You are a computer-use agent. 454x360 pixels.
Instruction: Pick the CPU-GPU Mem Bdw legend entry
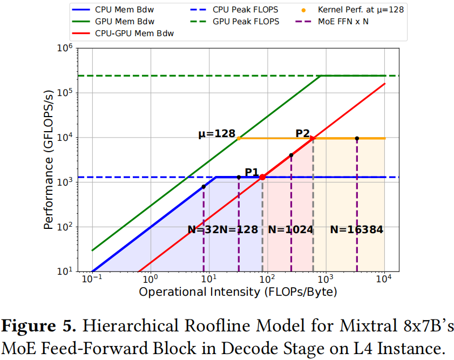click(x=137, y=33)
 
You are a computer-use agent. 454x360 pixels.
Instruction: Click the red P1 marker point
click(x=262, y=177)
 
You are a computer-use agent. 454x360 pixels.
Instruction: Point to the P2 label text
click(x=302, y=133)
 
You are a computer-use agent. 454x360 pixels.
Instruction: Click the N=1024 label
click(x=290, y=229)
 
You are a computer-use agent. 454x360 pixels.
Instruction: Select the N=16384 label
click(x=356, y=229)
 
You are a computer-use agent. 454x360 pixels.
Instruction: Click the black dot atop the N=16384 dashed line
click(x=357, y=138)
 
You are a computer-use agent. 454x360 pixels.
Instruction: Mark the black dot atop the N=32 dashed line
click(x=204, y=187)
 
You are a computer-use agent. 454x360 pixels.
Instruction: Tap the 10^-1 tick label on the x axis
click(x=91, y=280)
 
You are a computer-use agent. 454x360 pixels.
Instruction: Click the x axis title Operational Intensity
click(x=238, y=292)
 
